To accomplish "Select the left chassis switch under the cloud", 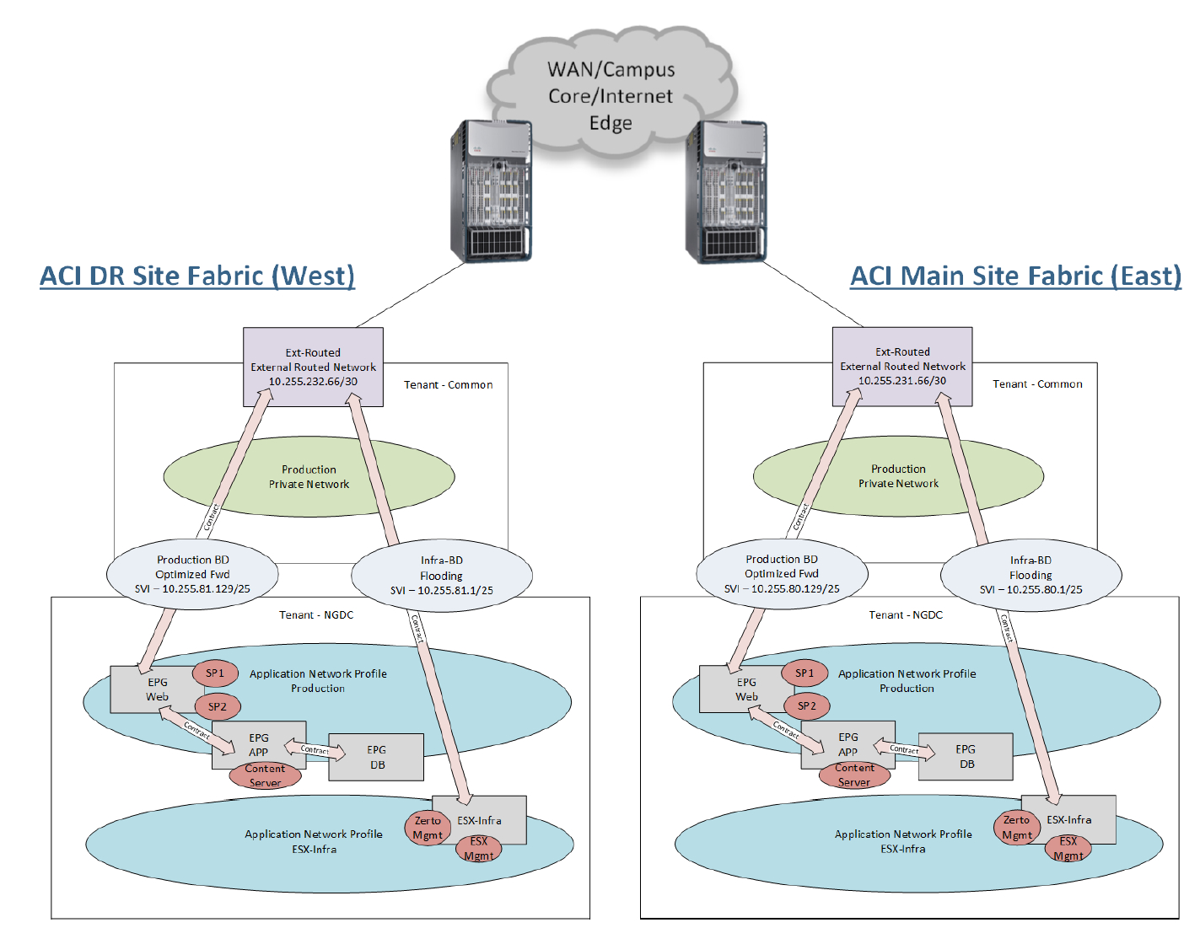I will point(491,191).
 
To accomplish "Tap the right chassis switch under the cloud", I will point(726,191).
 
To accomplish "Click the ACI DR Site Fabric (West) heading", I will point(197,276).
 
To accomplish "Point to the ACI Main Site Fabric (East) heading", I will point(1015,276).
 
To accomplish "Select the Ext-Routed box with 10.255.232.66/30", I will point(313,367).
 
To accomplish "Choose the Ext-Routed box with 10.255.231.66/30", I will point(902,367).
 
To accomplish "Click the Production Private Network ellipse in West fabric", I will point(309,477).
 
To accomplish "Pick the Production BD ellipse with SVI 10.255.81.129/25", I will point(192,574).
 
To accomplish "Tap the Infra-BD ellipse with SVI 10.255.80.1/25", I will point(1030,575).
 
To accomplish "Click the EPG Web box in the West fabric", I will point(152,689).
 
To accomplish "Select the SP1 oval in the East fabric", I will point(804,673).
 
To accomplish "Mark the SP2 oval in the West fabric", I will point(218,706).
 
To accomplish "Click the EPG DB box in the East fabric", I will point(966,756).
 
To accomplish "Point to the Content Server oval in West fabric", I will point(265,775).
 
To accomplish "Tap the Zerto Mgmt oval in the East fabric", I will point(1016,827).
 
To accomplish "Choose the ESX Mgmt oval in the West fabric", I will point(478,848).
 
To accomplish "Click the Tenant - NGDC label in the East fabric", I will point(906,615).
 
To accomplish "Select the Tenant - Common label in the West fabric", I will point(448,385).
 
